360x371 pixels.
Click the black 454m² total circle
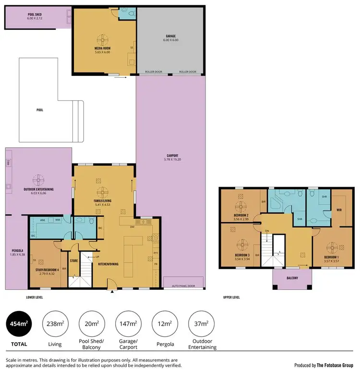pos(18,325)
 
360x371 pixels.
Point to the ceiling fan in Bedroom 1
pos(331,248)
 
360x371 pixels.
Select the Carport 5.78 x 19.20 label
pos(172,157)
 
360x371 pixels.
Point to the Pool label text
pos(39,110)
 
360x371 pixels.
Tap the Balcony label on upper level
pos(292,278)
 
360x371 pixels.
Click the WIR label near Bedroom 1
pos(338,210)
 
